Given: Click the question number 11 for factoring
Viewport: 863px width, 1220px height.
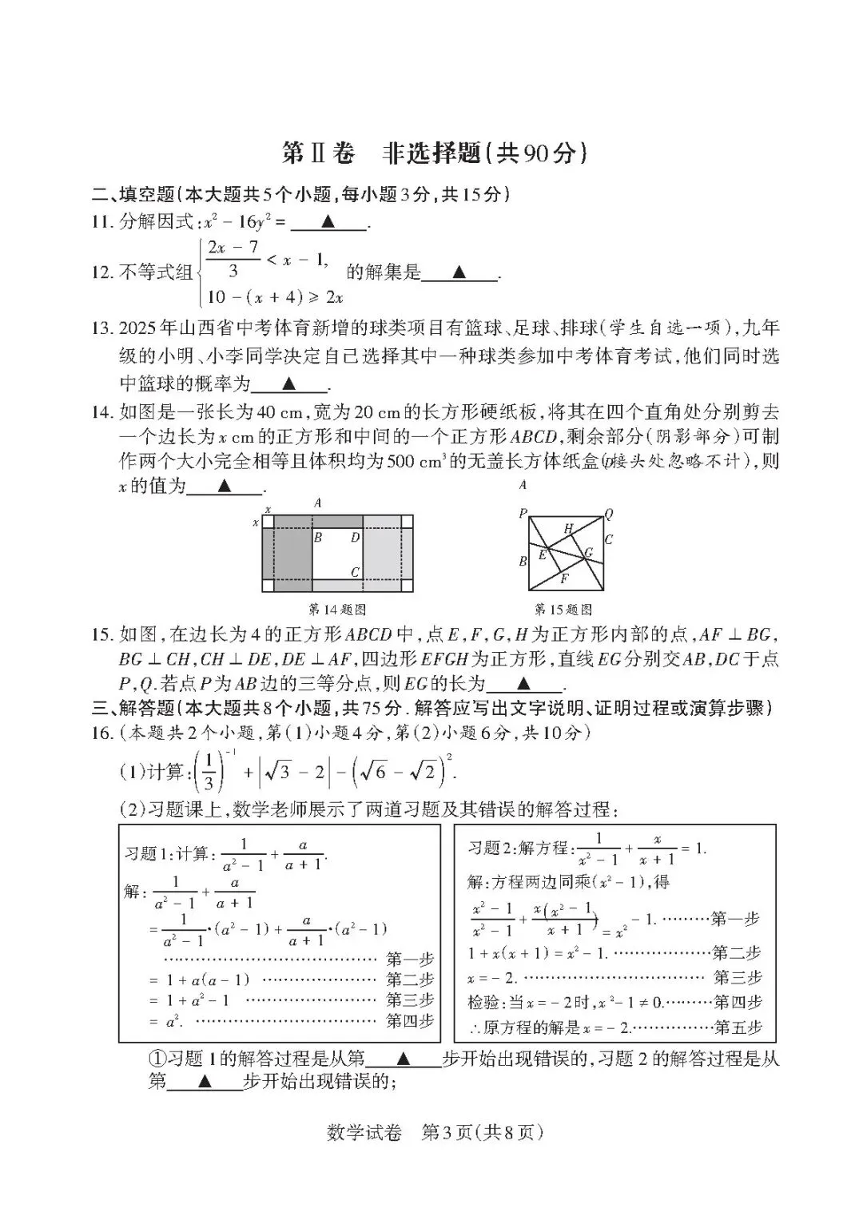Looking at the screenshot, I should (x=102, y=222).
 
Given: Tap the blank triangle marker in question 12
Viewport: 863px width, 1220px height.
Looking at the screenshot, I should (x=459, y=272).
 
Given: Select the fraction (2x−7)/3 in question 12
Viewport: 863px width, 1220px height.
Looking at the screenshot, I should (x=233, y=259).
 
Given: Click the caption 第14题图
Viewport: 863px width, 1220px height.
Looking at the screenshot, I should (x=337, y=609).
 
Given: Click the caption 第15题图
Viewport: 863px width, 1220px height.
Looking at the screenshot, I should (x=563, y=609).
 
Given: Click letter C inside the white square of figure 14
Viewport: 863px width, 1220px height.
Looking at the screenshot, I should (x=355, y=572).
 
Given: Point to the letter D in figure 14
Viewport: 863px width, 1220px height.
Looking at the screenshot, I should (x=355, y=538).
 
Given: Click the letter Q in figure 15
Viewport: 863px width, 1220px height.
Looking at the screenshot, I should (x=609, y=514).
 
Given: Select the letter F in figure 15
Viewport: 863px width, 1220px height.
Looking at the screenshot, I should (x=564, y=578).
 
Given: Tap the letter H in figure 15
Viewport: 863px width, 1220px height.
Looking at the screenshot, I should (x=568, y=528).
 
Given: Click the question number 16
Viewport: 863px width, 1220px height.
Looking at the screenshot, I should (x=102, y=733).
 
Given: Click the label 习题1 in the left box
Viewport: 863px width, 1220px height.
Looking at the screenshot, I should (x=141, y=854).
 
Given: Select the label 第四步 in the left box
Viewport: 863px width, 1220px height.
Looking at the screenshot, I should (x=410, y=1021).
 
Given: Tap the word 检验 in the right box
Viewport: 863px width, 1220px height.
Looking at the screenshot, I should (x=483, y=1002).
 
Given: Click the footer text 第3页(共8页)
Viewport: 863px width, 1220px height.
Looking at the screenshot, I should (x=482, y=1132).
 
